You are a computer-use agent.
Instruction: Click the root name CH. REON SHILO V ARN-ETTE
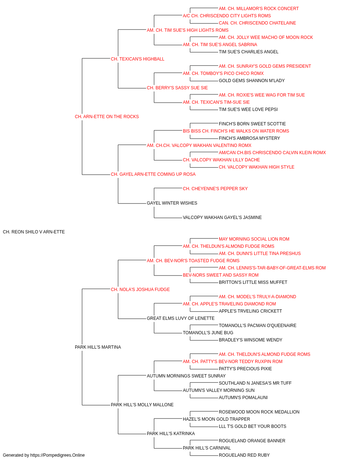[34, 232]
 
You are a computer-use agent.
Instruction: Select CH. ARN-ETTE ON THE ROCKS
[107, 117]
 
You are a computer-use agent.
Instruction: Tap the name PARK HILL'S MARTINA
[98, 347]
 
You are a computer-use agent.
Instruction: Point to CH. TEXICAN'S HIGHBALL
[138, 59]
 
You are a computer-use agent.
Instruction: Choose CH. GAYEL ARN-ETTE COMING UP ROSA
[153, 174]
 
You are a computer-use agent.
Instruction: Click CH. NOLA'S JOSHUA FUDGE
[140, 289]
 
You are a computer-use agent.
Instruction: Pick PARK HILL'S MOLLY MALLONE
[142, 404]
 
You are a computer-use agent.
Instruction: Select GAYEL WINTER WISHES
[172, 203]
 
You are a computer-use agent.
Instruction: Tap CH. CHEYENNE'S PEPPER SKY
[215, 189]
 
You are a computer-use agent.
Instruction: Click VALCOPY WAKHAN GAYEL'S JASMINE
[222, 218]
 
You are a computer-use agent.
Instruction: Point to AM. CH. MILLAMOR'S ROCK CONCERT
[258, 9]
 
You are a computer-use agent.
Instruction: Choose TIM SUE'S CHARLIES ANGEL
[248, 52]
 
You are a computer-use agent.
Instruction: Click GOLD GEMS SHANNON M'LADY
[252, 81]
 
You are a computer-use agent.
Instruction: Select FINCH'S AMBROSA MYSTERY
[249, 138]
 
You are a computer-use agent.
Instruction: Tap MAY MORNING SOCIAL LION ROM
[254, 239]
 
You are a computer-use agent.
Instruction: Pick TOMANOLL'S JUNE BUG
[208, 333]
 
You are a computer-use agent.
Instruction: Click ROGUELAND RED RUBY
[244, 455]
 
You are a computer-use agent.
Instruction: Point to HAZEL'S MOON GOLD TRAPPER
[216, 419]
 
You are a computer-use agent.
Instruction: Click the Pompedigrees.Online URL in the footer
[58, 455]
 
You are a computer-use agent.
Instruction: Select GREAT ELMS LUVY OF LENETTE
[181, 318]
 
